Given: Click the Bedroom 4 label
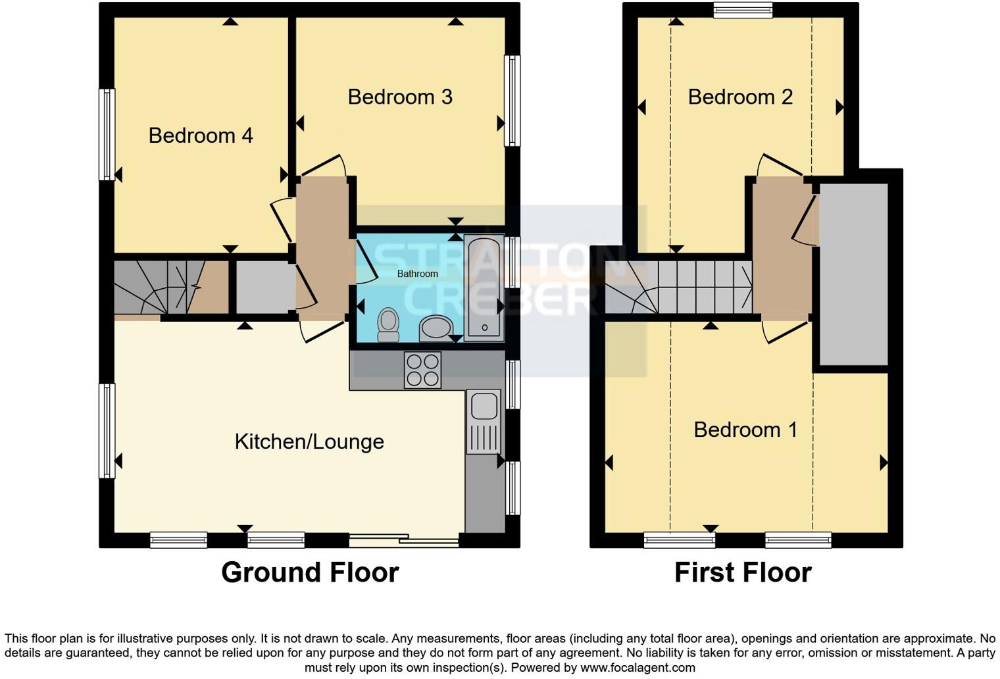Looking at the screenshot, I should [x=201, y=136].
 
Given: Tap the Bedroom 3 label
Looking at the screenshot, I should [x=400, y=97].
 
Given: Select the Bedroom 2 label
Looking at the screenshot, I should [x=740, y=97].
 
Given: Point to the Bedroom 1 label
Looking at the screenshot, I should [x=745, y=430].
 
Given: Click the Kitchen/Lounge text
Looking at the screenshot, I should [x=309, y=441].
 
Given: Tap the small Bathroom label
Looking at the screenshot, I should [x=417, y=274].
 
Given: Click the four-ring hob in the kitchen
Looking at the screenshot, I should [x=422, y=370].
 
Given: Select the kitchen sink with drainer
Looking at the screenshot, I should [x=484, y=422].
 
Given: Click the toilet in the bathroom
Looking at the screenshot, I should [x=389, y=325].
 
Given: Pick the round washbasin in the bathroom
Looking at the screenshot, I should [x=436, y=328].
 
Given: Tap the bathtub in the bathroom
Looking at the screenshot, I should [x=484, y=288].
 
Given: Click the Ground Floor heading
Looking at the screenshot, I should [x=310, y=572].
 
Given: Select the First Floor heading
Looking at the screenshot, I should [x=743, y=572].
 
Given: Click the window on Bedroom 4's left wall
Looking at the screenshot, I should [x=107, y=134].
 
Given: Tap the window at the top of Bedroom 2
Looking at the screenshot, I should [x=743, y=10].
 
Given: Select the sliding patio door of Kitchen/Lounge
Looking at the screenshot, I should [x=404, y=541].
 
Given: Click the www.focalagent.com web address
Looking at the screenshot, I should [x=637, y=667].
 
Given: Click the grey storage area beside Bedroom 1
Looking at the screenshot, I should [x=853, y=274].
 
